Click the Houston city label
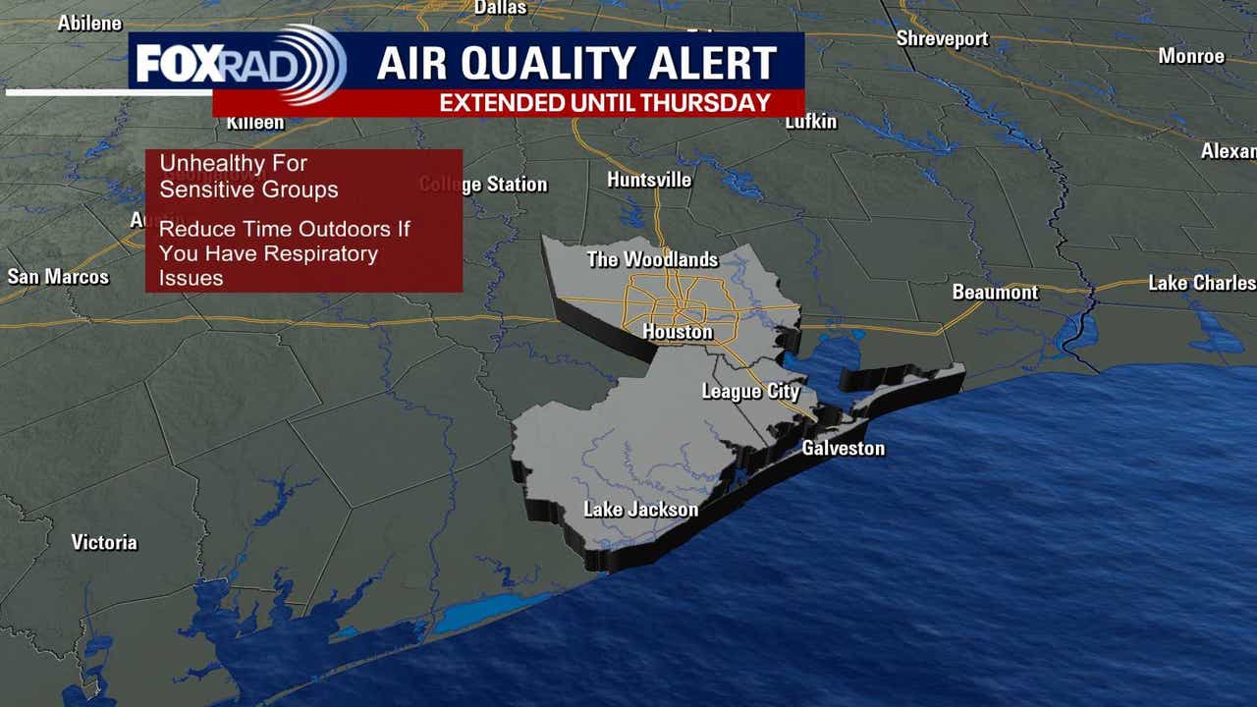point(678,332)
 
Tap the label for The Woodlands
point(652,260)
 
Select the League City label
point(750,391)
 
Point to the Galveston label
point(843,449)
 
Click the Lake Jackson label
point(640,510)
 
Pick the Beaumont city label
point(995,293)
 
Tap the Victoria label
point(104,542)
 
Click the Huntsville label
point(649,180)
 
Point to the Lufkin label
point(811,122)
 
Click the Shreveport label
point(942,38)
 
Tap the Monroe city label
point(1191,56)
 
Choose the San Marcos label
point(58,277)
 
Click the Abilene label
point(89,23)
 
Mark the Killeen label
point(255,123)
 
